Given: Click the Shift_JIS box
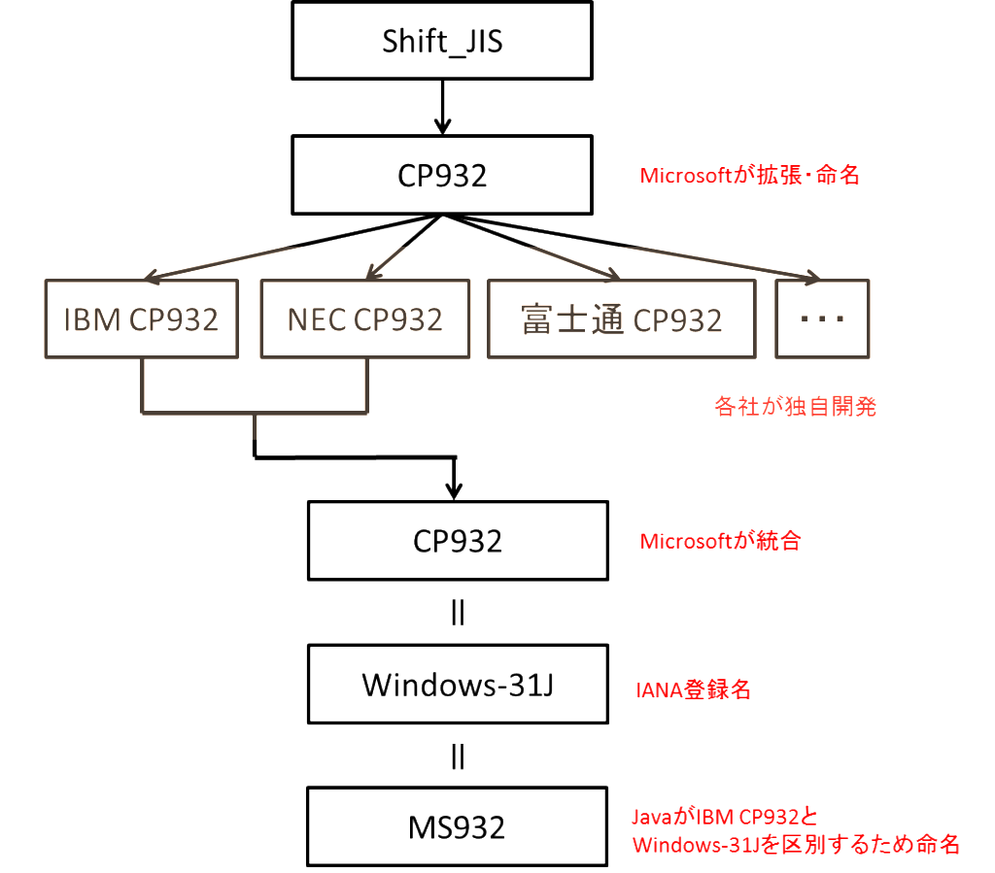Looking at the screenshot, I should [441, 41].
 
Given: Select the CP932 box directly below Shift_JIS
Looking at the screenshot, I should [441, 175].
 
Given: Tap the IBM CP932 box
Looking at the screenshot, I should [141, 319].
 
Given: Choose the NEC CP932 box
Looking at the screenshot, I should [365, 319].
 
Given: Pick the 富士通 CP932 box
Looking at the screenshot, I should [621, 319].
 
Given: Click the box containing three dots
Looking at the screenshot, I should [822, 319].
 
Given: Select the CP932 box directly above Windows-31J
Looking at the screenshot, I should [458, 541].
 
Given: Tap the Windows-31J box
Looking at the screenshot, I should [458, 685].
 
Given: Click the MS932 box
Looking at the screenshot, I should [458, 827].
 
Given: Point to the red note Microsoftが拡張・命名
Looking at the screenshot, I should [749, 176].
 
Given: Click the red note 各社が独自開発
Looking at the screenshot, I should [795, 407].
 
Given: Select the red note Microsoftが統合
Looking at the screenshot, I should [720, 542].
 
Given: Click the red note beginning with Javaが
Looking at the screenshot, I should [795, 830].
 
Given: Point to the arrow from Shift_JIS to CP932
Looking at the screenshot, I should [442, 107].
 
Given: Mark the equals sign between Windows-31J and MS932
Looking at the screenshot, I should [458, 756].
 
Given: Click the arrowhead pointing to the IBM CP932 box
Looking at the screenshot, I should [152, 275].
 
